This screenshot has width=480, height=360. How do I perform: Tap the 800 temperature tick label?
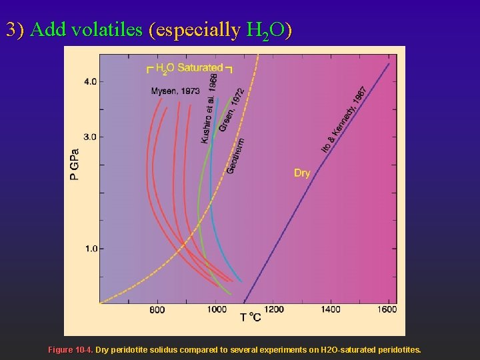click(x=157, y=309)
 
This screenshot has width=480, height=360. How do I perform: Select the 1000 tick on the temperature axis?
click(x=216, y=309)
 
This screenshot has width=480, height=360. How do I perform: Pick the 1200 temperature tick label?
click(x=273, y=309)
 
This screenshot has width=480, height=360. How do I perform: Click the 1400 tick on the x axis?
click(x=331, y=309)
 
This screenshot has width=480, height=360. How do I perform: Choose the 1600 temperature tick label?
click(x=387, y=309)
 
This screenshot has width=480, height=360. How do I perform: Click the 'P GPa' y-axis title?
click(x=75, y=164)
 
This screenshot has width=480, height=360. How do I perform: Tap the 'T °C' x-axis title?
click(x=251, y=318)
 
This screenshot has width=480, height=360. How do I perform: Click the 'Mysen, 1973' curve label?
click(x=175, y=91)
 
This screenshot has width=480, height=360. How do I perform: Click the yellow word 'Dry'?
click(x=302, y=173)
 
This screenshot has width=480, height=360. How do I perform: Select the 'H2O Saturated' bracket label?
click(x=189, y=67)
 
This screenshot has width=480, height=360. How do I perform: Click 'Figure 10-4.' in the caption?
click(x=71, y=349)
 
